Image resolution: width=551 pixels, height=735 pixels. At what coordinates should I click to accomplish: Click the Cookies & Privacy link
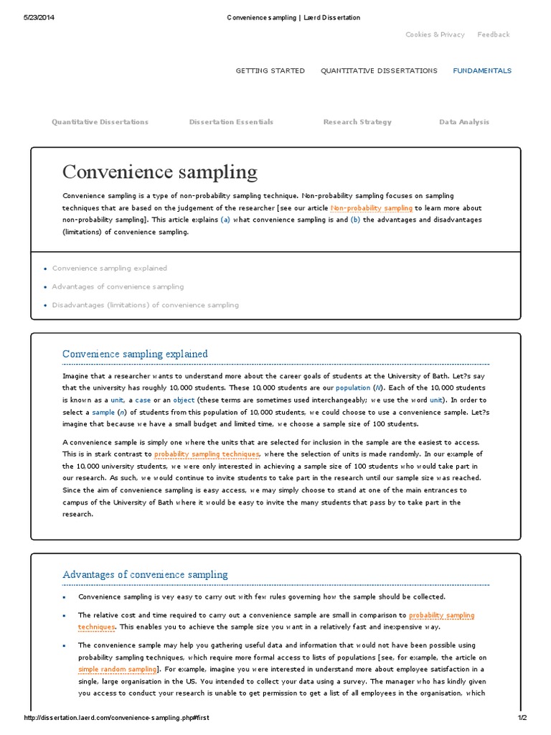(435, 34)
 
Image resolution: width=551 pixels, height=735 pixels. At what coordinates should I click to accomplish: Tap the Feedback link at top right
(494, 34)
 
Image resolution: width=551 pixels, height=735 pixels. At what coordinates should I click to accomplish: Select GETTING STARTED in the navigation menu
(270, 71)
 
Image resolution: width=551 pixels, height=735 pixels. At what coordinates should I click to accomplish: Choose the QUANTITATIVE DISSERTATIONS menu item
(378, 71)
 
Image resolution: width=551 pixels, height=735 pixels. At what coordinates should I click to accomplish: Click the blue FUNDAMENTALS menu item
(482, 71)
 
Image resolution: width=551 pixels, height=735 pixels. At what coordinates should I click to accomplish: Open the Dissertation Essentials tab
(231, 122)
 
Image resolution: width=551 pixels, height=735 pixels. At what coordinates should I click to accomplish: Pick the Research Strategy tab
(357, 122)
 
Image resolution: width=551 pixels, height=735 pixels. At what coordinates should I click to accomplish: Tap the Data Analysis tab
(464, 122)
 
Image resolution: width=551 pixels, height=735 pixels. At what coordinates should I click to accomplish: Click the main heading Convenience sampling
(159, 172)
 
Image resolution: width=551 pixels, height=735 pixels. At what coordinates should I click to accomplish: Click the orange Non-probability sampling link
(371, 208)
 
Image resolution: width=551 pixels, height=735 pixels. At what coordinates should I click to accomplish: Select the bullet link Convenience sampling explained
(109, 268)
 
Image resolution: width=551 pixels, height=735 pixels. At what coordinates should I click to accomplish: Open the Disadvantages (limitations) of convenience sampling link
(145, 305)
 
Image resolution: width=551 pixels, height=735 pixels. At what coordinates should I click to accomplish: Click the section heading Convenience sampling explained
(135, 354)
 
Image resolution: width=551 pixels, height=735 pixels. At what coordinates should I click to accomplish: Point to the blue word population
(353, 388)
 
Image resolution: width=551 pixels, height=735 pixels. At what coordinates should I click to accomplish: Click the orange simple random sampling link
(116, 669)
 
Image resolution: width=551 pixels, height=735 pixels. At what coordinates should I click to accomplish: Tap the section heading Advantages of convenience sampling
(145, 574)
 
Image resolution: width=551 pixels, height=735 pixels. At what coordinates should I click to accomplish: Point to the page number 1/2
(522, 718)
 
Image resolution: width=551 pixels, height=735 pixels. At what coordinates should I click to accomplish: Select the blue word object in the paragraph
(184, 400)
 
